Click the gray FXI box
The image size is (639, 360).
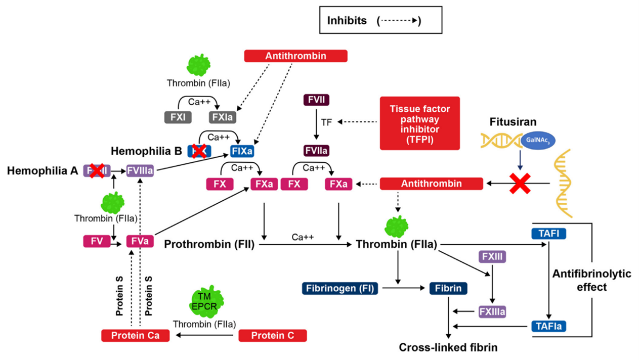click(x=178, y=117)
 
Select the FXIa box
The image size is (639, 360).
click(x=223, y=117)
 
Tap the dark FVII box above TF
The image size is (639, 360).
click(x=316, y=100)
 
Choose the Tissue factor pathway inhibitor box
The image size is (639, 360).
click(x=420, y=123)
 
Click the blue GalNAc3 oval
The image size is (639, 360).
click(x=538, y=142)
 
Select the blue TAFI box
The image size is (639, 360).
click(x=548, y=234)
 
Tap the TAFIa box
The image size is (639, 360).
click(x=548, y=326)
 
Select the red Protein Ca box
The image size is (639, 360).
click(x=134, y=335)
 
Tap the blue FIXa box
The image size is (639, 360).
click(x=242, y=151)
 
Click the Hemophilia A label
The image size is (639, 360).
click(x=42, y=171)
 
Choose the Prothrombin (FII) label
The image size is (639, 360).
click(x=209, y=245)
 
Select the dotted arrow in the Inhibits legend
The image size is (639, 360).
click(x=399, y=21)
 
